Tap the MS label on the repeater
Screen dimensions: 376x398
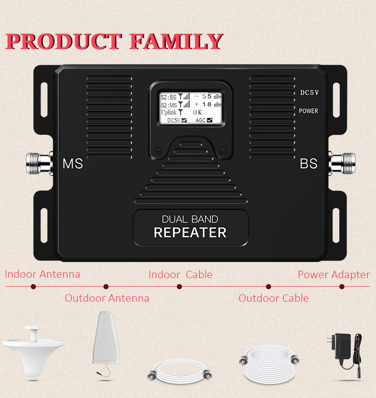point(73,164)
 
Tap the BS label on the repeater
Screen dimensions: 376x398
point(309,163)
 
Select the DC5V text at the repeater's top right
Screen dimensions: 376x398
point(309,93)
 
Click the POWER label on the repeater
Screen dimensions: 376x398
point(309,111)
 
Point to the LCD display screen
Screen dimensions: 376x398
point(191,107)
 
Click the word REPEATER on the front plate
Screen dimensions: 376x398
point(190,233)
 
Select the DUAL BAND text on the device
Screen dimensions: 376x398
point(190,219)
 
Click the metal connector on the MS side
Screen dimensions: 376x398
point(39,162)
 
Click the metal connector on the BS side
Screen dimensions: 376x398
point(342,163)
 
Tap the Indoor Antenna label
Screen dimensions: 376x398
point(42,274)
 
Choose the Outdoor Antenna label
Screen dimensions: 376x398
point(107,298)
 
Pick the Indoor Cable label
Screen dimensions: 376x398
point(180,275)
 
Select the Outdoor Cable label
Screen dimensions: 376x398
point(273,298)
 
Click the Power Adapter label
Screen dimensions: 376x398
point(333,275)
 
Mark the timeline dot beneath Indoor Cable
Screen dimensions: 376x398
point(179,287)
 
